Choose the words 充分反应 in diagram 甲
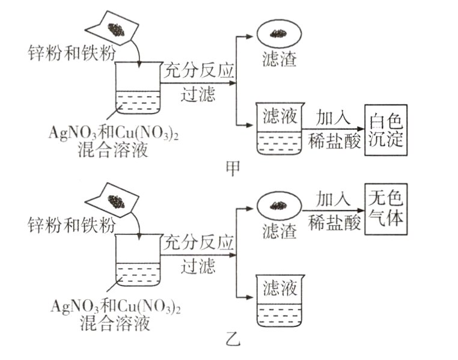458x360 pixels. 198,71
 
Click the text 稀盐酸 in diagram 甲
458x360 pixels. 334,140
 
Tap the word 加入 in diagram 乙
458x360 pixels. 334,200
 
